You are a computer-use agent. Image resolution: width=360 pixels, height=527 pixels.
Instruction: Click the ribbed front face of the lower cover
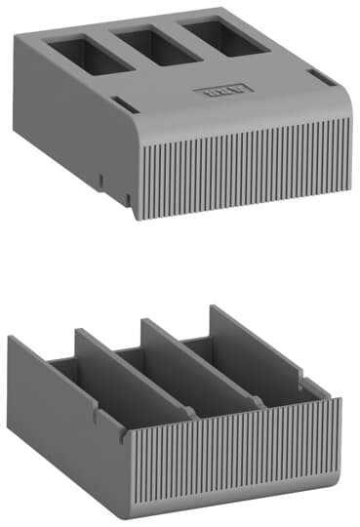point(234,459)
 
